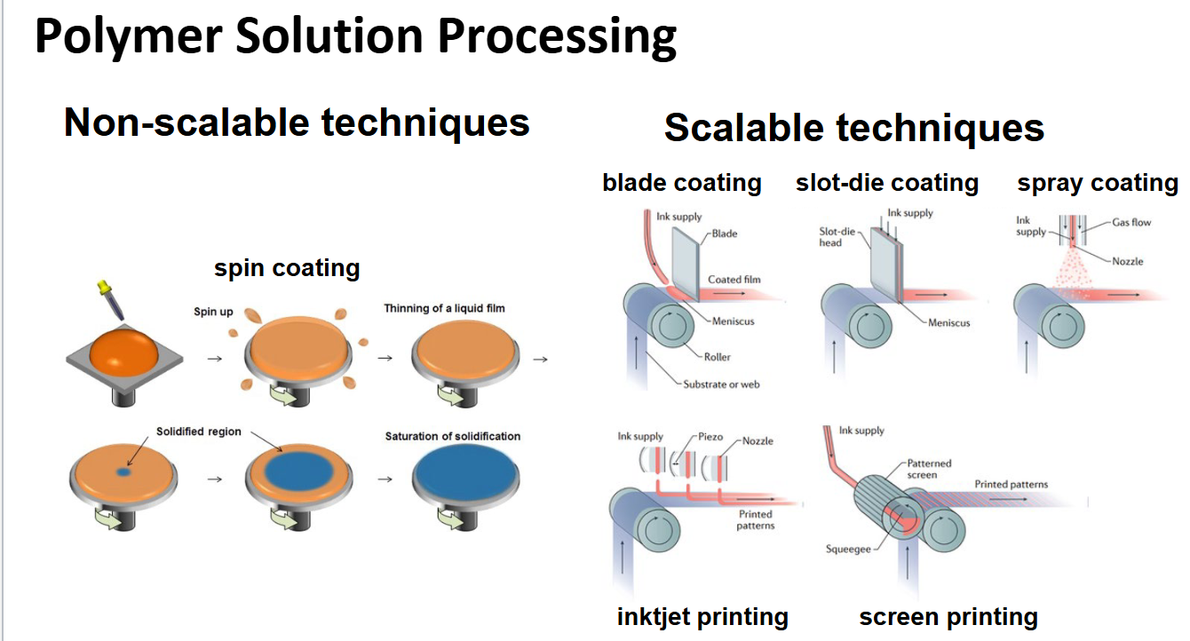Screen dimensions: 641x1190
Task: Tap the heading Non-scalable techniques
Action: (297, 123)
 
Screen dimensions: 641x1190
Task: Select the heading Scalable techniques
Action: (853, 128)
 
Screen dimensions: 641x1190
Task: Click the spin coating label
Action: (287, 268)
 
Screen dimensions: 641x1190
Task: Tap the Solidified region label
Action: (199, 431)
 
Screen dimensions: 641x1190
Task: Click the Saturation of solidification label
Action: (452, 436)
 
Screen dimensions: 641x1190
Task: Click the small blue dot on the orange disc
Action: (123, 473)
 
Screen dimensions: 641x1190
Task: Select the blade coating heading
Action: (681, 183)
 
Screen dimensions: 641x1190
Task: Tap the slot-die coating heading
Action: (886, 183)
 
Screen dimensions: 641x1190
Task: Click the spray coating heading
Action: (1097, 183)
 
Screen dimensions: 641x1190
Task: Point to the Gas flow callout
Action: (1131, 223)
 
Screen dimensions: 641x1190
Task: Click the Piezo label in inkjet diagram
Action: (710, 438)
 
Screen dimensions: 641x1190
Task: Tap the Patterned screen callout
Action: (929, 469)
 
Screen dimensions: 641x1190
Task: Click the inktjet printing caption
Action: (702, 616)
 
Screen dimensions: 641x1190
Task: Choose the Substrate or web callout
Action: (721, 384)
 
